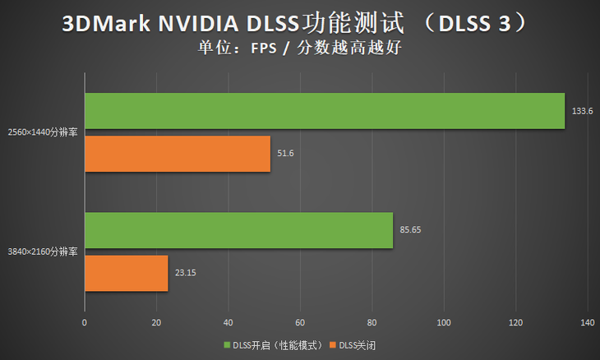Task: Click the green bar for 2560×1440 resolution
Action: tap(325, 111)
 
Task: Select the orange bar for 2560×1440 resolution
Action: tap(178, 154)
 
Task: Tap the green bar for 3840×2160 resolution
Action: tap(238, 230)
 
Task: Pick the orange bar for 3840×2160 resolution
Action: tap(126, 273)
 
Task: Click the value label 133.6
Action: tap(582, 111)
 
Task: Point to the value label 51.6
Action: tap(285, 154)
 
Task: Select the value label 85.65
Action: tap(410, 230)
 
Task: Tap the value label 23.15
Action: tap(186, 273)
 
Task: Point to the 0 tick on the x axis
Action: tap(85, 323)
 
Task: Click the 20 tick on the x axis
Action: tap(156, 323)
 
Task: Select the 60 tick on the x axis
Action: tap(300, 323)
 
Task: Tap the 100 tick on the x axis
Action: tap(444, 323)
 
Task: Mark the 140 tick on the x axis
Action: tap(587, 323)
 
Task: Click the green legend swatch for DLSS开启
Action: tap(227, 344)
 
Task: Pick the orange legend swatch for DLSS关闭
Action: tap(333, 344)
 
